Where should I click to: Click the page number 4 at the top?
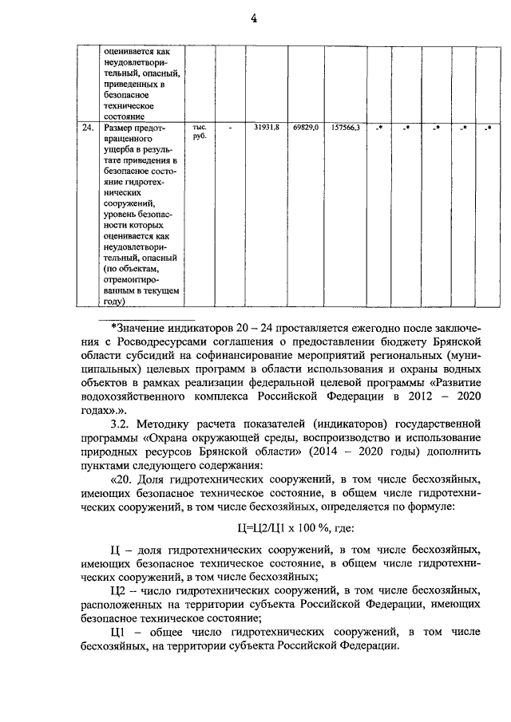pyautogui.click(x=255, y=21)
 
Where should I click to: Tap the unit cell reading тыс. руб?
pyautogui.click(x=200, y=132)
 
